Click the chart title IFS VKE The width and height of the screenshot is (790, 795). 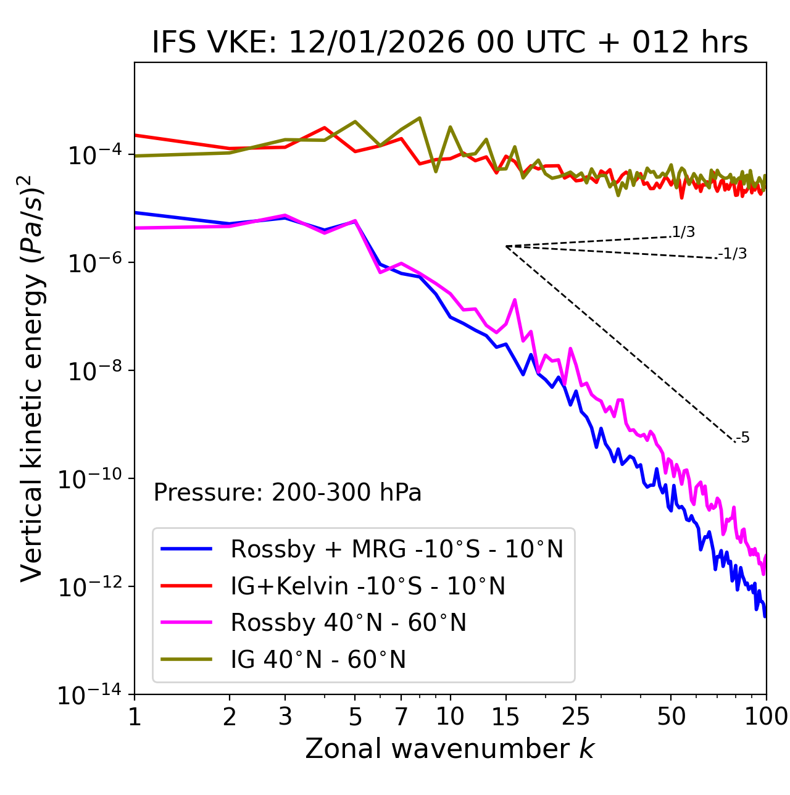click(x=450, y=43)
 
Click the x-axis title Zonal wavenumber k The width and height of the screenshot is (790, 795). click(x=450, y=749)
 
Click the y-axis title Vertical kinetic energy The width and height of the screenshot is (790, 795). click(x=32, y=378)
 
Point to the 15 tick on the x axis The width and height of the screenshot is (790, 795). click(x=506, y=716)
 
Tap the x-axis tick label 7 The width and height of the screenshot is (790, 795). click(x=401, y=716)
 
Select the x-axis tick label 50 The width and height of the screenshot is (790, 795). click(x=671, y=716)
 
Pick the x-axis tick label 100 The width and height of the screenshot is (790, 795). click(x=766, y=716)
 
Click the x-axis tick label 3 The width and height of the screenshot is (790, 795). click(x=285, y=716)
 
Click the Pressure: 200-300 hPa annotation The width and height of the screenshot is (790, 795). click(x=288, y=493)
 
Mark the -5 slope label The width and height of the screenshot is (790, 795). click(x=743, y=438)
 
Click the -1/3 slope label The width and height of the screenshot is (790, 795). click(x=733, y=254)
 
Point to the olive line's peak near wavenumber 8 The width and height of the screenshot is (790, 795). click(x=420, y=117)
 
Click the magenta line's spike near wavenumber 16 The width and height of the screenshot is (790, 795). click(x=515, y=300)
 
